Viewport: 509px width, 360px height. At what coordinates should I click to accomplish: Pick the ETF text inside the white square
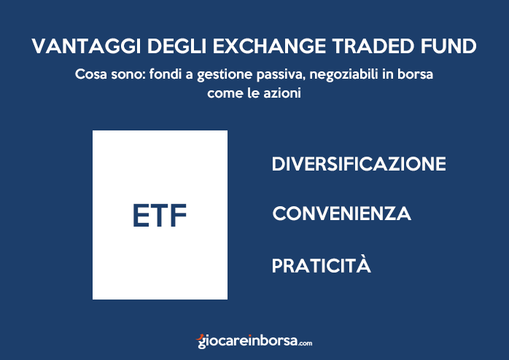coord(160,215)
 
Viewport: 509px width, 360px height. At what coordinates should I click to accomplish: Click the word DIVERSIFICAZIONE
coord(358,163)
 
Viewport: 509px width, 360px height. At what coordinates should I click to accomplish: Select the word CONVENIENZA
coord(341,214)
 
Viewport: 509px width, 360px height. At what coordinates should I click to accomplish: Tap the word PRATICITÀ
coord(322,265)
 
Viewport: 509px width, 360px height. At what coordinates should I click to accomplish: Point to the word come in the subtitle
coord(225,93)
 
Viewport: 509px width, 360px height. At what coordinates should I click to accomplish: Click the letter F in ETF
coord(178,215)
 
